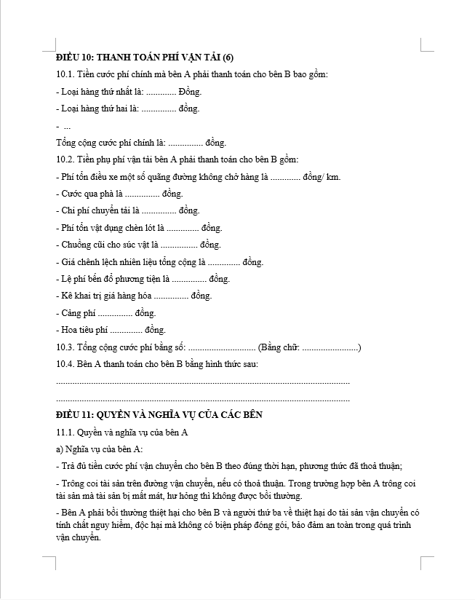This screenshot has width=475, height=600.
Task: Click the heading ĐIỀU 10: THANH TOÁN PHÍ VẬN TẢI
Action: (145, 58)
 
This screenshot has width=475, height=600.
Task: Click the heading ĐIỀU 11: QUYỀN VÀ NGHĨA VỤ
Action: (159, 414)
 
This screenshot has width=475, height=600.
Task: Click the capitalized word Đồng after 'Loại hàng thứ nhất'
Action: (190, 92)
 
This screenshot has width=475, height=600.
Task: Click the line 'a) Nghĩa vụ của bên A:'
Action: (99, 449)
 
